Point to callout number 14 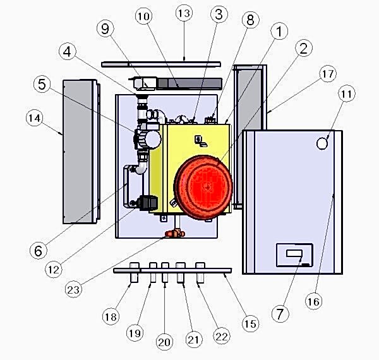(37, 117)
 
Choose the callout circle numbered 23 (77, 291)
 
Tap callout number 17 (327, 74)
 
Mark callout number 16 (313, 301)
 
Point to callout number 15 (251, 323)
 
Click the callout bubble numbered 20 (164, 342)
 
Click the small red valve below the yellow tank (171, 234)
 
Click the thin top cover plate (161, 63)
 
